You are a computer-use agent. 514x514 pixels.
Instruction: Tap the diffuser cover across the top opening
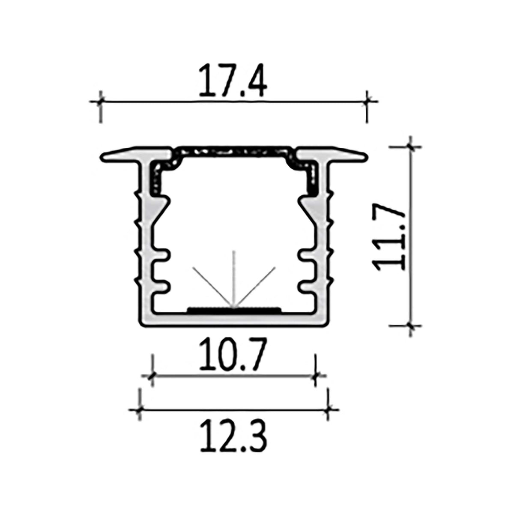point(233,151)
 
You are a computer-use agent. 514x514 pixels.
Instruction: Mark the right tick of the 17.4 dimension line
point(367,102)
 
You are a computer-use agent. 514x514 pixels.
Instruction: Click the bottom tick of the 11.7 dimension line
point(411,326)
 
